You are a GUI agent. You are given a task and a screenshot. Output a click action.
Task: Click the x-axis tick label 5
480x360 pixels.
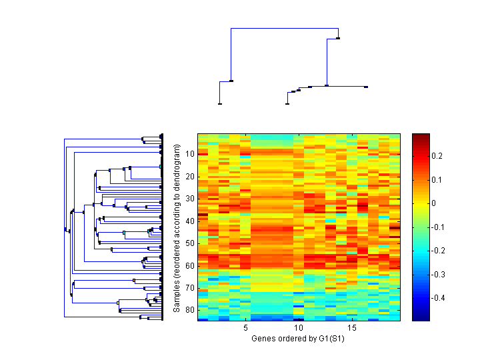click(x=246, y=328)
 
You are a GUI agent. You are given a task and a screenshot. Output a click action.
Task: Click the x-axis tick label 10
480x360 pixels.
click(x=299, y=328)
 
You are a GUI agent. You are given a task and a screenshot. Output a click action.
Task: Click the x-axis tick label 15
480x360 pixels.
click(x=352, y=328)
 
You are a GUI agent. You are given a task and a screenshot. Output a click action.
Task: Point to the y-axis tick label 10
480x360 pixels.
click(x=189, y=154)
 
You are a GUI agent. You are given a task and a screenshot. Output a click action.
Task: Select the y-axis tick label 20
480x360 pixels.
click(x=189, y=177)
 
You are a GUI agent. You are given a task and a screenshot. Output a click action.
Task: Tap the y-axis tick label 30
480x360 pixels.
click(x=189, y=199)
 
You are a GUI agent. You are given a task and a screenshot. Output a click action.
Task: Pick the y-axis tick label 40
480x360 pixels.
click(x=189, y=221)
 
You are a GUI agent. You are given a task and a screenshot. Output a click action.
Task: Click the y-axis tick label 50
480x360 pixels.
click(x=189, y=243)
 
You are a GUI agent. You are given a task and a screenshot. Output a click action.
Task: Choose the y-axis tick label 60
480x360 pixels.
click(x=189, y=265)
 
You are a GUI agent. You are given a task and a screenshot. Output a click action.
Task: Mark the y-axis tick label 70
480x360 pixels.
click(x=189, y=288)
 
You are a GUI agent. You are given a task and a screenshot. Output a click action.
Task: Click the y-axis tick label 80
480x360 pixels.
click(x=189, y=310)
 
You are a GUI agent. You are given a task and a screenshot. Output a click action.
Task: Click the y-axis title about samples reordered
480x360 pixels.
click(x=177, y=227)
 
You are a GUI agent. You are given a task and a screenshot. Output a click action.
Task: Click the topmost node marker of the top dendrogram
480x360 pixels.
click(x=339, y=38)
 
